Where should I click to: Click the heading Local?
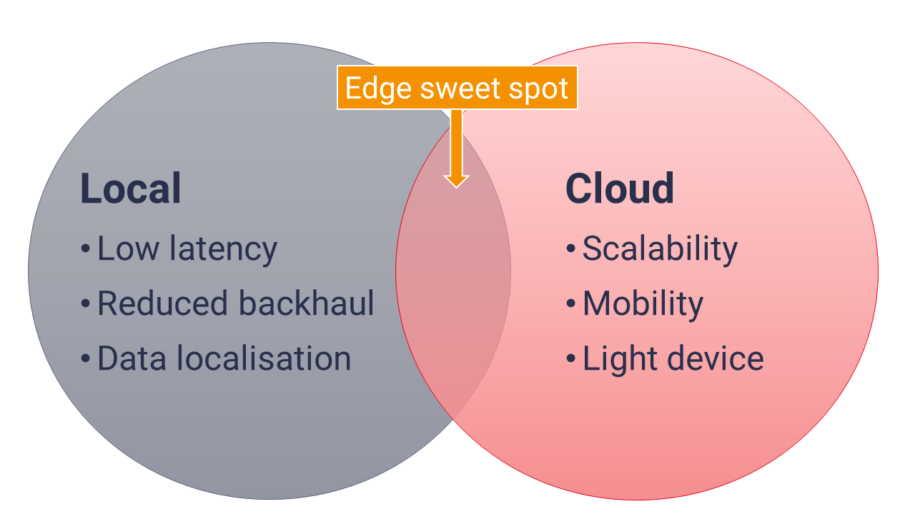click(131, 188)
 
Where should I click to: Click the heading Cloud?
click(619, 188)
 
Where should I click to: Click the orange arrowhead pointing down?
click(456, 181)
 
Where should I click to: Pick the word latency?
click(224, 250)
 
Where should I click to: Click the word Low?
click(128, 248)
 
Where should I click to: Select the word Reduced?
click(162, 303)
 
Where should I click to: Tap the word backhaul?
click(306, 303)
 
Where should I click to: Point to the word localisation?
click(264, 358)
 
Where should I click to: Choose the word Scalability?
click(660, 250)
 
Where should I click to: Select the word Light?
click(620, 359)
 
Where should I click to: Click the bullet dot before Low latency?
click(85, 248)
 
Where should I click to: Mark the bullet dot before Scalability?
click(571, 248)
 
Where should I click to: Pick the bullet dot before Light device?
click(571, 358)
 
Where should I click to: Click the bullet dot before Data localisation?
click(85, 358)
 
